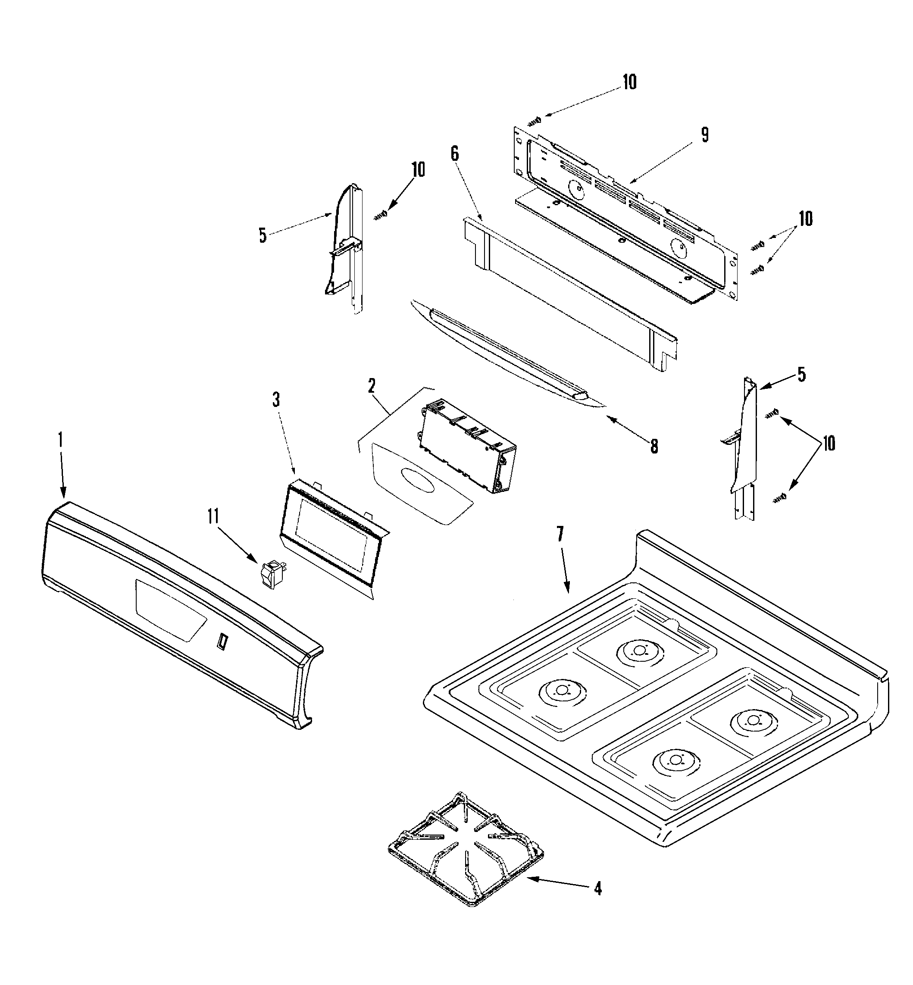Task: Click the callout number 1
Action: pyautogui.click(x=60, y=440)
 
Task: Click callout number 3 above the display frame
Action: pyautogui.click(x=276, y=400)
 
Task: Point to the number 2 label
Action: pyautogui.click(x=372, y=386)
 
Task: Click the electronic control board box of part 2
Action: pyautogui.click(x=467, y=445)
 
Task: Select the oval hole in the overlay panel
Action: pyautogui.click(x=417, y=480)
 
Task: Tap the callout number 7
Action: pyautogui.click(x=560, y=535)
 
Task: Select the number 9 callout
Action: pyautogui.click(x=704, y=135)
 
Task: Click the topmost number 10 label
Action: pyautogui.click(x=629, y=82)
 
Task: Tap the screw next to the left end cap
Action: pyautogui.click(x=381, y=215)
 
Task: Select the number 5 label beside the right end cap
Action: pyautogui.click(x=801, y=375)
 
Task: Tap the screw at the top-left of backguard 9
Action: pyautogui.click(x=535, y=119)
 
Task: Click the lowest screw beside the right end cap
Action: pyautogui.click(x=780, y=500)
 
